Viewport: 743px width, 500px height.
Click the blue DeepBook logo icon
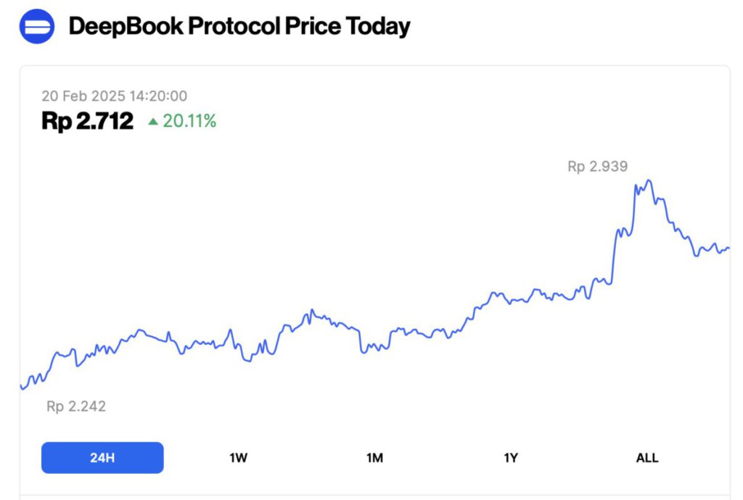pyautogui.click(x=36, y=27)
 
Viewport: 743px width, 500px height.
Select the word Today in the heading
pyautogui.click(x=378, y=27)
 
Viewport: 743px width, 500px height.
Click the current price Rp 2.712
pyautogui.click(x=87, y=121)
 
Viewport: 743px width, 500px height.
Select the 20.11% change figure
pyautogui.click(x=189, y=121)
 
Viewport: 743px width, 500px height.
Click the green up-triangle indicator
pyautogui.click(x=153, y=122)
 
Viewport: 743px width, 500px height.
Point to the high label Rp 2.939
pyautogui.click(x=597, y=167)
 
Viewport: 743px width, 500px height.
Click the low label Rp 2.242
pyautogui.click(x=76, y=407)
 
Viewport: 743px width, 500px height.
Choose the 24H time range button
pyautogui.click(x=102, y=458)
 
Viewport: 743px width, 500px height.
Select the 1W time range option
pyautogui.click(x=239, y=458)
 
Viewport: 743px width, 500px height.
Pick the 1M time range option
pyautogui.click(x=374, y=458)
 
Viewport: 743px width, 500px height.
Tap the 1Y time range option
pyautogui.click(x=511, y=458)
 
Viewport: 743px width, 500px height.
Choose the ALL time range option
pyautogui.click(x=646, y=458)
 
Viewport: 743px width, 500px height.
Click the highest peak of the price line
pyautogui.click(x=649, y=180)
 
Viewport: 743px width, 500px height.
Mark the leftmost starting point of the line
pyautogui.click(x=22, y=388)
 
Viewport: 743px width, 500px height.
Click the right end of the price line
pyautogui.click(x=728, y=249)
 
